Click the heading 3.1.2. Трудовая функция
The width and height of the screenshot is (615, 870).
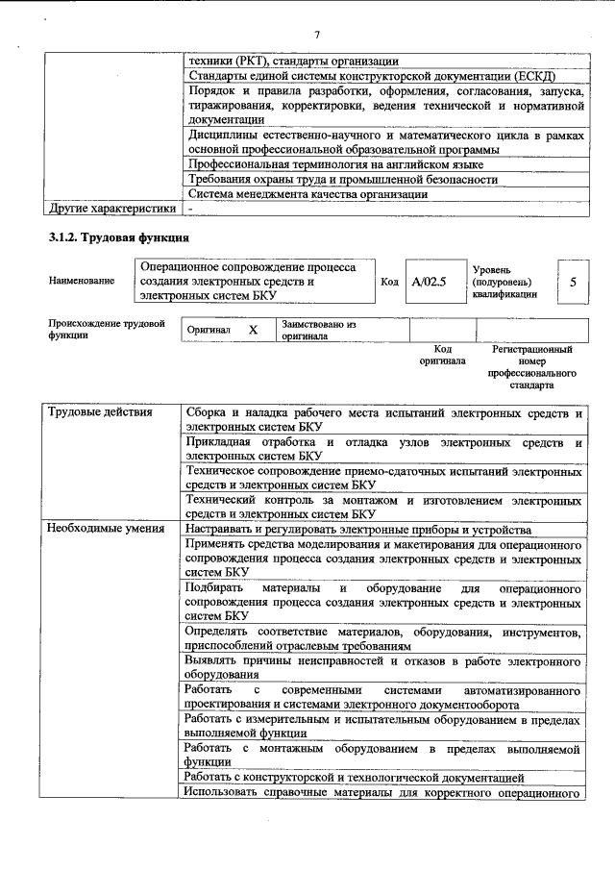tap(118, 237)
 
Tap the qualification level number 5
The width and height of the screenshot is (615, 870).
tap(573, 282)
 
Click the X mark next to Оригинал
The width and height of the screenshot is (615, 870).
tap(254, 330)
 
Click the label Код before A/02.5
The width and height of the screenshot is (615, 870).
tap(389, 282)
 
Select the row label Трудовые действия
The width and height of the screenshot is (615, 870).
tap(101, 412)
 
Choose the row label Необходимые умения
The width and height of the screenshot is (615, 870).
tap(106, 530)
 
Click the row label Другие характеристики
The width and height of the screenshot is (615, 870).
tap(112, 208)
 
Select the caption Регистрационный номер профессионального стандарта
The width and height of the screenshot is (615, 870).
tap(531, 367)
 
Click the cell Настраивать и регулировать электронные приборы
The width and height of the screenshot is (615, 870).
tap(358, 530)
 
